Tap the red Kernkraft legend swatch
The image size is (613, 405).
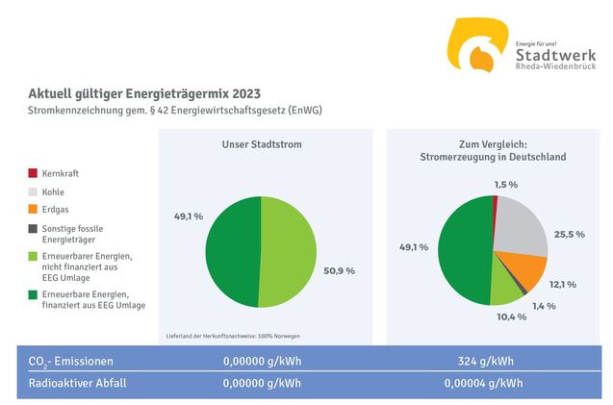pos(33,174)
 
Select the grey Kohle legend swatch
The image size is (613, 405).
pos(33,191)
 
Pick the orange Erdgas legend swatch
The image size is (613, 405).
pos(33,209)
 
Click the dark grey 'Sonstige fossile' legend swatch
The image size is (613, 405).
pos(33,229)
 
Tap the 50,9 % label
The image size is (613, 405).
pos(337,270)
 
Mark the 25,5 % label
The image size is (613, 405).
pos(569,234)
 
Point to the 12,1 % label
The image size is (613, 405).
pos(561,284)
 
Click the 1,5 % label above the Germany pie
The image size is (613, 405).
pos(506,184)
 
